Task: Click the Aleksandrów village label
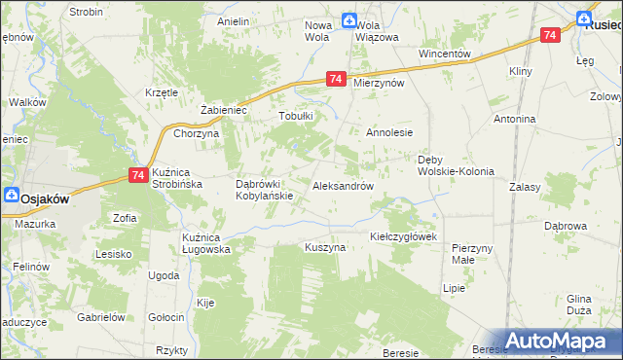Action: pos(343,186)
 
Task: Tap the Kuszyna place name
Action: pos(325,248)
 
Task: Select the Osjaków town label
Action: pos(45,197)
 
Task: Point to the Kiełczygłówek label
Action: pos(405,236)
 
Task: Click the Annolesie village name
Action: pos(389,132)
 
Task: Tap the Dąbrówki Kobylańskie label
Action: pos(265,189)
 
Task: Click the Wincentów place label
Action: pos(444,54)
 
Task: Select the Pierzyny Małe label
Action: pos(472,254)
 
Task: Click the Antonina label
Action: pos(514,119)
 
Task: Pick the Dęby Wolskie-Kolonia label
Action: pos(456,165)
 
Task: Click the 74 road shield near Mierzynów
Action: pos(336,79)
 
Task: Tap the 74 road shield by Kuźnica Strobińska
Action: pos(137,174)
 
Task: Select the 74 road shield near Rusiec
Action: pos(550,35)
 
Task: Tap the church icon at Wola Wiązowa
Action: pos(348,20)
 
